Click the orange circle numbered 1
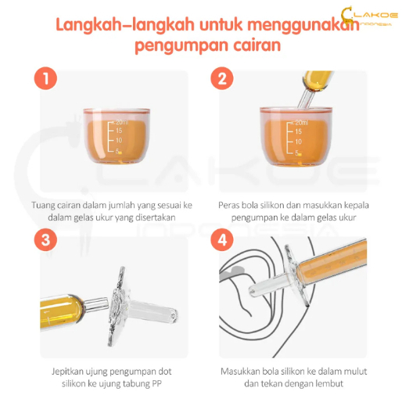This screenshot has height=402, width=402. click(45, 78)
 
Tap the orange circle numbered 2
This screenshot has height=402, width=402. click(222, 78)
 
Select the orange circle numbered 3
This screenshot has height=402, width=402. click(45, 240)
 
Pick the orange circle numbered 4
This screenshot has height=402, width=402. click(222, 240)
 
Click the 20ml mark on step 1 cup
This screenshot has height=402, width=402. click(122, 122)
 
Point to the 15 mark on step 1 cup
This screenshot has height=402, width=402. click(119, 131)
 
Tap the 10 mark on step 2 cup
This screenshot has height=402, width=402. click(298, 142)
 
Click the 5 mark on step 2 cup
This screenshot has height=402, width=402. click(296, 153)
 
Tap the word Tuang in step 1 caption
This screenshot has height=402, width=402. click(42, 206)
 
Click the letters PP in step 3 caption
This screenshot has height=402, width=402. click(156, 383)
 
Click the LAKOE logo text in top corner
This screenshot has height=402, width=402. click(375, 15)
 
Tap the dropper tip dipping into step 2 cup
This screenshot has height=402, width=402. click(306, 99)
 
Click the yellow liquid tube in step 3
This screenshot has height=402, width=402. click(62, 312)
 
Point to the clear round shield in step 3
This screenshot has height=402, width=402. click(118, 307)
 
